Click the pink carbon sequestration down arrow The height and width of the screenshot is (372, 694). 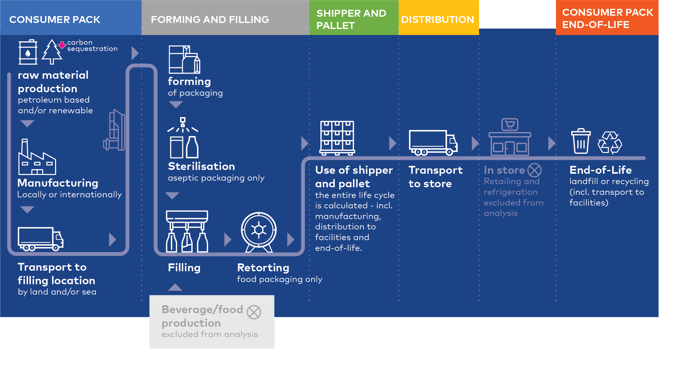(62, 45)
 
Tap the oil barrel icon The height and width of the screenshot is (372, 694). (28, 52)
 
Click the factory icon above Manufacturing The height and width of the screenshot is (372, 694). (37, 158)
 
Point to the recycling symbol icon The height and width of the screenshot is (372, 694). (610, 143)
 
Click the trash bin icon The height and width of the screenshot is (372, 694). (581, 141)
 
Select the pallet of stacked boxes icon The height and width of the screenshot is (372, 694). (337, 138)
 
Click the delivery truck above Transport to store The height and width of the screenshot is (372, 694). (433, 143)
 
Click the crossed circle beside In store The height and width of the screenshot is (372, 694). (534, 170)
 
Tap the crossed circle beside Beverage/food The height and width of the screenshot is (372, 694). (254, 312)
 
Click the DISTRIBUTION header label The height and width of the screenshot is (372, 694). (437, 20)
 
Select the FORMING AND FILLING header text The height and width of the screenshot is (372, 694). (210, 20)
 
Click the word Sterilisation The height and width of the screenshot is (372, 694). (201, 166)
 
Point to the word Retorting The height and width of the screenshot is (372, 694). (263, 268)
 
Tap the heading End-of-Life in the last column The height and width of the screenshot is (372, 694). (601, 170)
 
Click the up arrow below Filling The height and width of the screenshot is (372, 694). (175, 287)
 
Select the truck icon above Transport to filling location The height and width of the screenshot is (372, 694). (41, 239)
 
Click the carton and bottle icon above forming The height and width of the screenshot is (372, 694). (184, 60)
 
